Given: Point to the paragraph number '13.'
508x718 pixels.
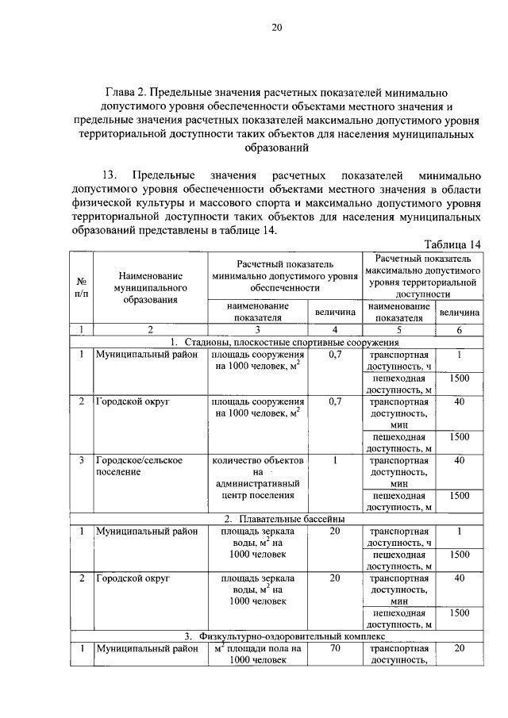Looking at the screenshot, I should click(x=110, y=174).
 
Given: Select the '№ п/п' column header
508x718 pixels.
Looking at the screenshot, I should click(x=81, y=287).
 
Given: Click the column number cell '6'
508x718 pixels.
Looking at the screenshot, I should click(x=459, y=329).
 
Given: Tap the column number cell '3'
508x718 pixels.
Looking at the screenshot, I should click(x=256, y=329).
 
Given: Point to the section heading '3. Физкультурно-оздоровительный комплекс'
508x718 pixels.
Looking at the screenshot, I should click(x=284, y=635).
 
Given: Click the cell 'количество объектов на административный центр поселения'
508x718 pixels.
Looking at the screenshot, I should click(x=256, y=478).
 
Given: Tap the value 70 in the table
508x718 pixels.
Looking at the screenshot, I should click(x=335, y=648).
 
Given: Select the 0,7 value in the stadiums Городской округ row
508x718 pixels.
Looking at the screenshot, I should click(x=335, y=401).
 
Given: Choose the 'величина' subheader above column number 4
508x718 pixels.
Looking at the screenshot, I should click(x=335, y=313).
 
